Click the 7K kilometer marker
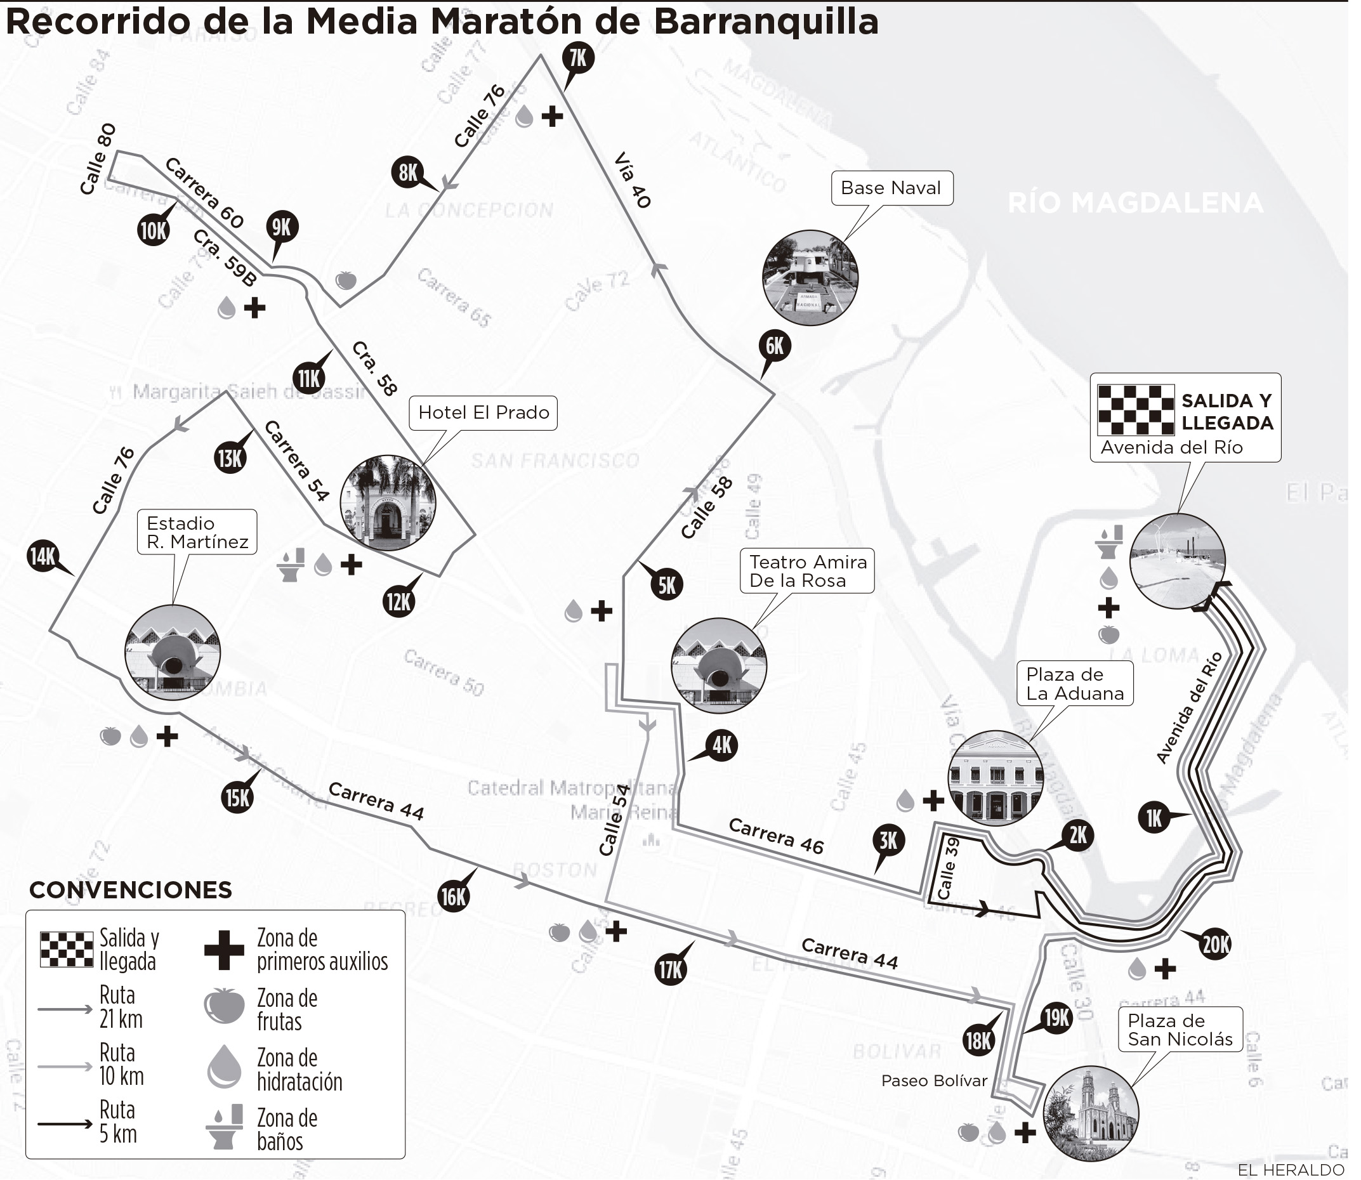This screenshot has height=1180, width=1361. click(x=577, y=58)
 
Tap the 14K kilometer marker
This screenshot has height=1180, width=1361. click(x=43, y=556)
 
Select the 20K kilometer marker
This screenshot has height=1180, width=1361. click(x=1216, y=945)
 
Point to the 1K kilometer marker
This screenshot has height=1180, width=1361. click(x=1154, y=818)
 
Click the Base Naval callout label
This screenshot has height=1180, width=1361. click(x=890, y=188)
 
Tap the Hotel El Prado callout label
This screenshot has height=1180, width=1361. click(x=483, y=413)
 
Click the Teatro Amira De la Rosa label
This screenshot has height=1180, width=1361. click(x=807, y=571)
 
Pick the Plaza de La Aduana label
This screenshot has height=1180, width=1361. click(x=1075, y=683)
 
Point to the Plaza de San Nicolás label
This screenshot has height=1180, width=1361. click(x=1180, y=1030)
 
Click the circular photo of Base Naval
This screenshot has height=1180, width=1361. click(x=810, y=277)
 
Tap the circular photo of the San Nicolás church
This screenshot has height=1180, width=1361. click(x=1091, y=1113)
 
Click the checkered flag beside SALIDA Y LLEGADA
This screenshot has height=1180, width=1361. click(x=1136, y=411)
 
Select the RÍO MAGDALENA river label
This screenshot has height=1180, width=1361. click(x=1135, y=203)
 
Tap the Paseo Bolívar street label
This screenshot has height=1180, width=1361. click(x=934, y=1080)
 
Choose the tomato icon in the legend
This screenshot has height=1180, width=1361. click(x=224, y=1006)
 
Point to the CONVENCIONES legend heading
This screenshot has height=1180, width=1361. click(x=130, y=889)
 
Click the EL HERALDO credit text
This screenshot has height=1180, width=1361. click(x=1290, y=1169)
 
